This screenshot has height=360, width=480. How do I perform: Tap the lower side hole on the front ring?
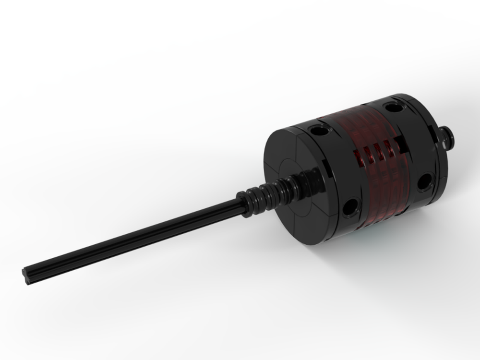tap(351, 207)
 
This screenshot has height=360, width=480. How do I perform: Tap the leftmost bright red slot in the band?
tap(358, 156)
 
